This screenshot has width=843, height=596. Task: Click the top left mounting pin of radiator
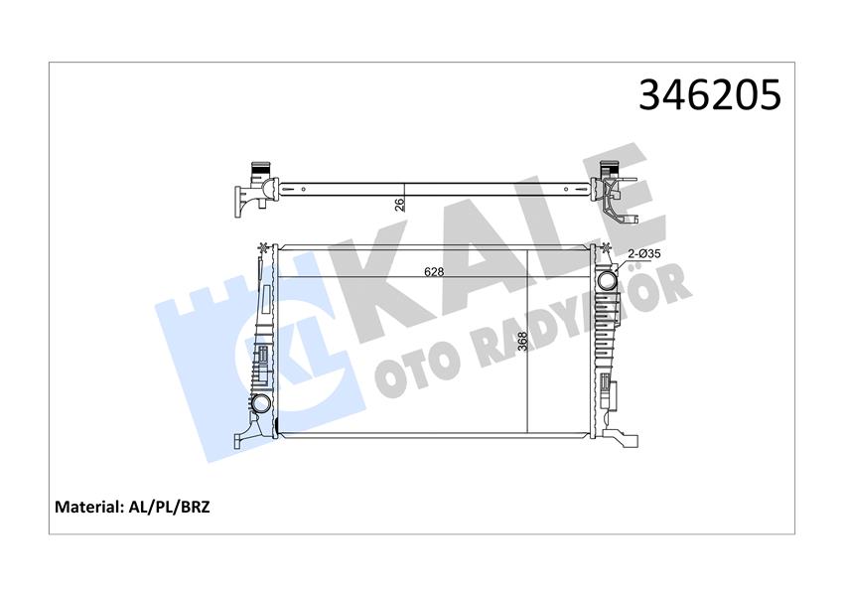(262, 246)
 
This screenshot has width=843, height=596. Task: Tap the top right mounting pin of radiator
(607, 246)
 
